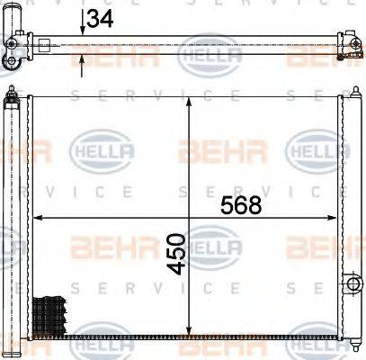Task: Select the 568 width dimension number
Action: coord(241,205)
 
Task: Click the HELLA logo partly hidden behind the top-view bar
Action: coord(210,57)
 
